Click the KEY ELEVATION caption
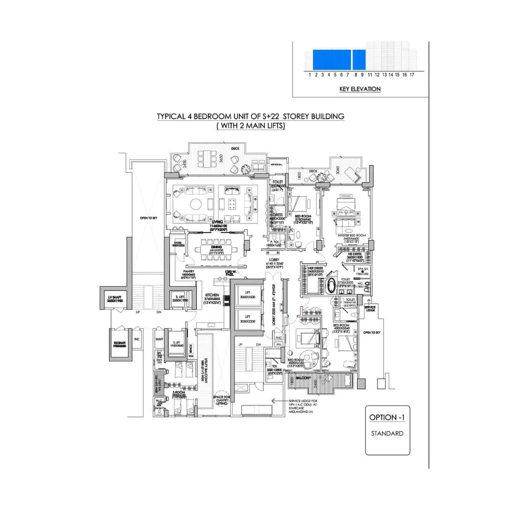pos(360,89)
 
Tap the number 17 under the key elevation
pos(412,74)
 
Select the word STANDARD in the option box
pos(387,433)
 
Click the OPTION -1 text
pos(387,417)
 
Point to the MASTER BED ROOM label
pos(351,235)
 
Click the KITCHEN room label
pos(212,295)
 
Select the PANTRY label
pos(189,271)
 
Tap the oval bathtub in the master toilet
pos(332,283)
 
